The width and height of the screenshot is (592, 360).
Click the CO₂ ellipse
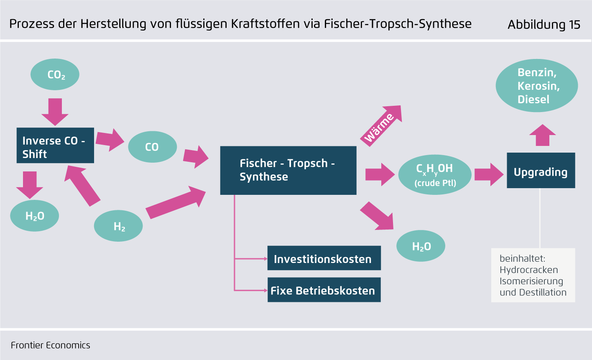pos(55,74)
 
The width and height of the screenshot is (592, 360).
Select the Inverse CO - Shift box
pos(55,146)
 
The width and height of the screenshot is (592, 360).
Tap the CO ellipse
pos(153,147)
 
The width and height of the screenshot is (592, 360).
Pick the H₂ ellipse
pos(118,226)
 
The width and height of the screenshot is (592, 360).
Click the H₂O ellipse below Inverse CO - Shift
pos(35,216)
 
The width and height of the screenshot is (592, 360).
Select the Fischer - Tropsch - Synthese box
pos(288,171)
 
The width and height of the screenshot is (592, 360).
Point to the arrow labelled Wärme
pos(381,125)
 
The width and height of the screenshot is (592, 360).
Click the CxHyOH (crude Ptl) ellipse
pos(435,175)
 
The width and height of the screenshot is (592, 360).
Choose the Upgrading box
pos(541,171)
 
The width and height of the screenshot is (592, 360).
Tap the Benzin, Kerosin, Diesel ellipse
pos(537,86)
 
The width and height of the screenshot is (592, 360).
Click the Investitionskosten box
pos(324,258)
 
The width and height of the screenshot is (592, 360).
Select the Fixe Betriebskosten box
pos(324,290)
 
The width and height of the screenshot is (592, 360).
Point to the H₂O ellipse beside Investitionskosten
pos(421,246)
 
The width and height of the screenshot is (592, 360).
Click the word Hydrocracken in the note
pos(529,270)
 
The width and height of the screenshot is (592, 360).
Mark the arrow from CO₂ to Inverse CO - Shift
pos(55,112)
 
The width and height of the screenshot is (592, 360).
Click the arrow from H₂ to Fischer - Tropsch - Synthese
pos(176,202)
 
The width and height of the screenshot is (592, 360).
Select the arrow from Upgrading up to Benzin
pos(543,135)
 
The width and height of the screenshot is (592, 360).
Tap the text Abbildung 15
pos(544,25)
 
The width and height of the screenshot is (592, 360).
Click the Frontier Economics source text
pos(51,345)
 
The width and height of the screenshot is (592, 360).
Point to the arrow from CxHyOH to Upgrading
pos(489,174)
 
